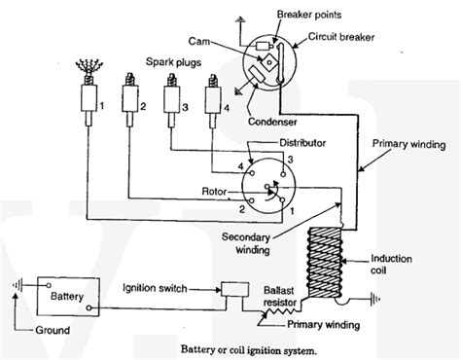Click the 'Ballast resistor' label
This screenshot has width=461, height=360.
284,296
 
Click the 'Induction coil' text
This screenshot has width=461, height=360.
396,265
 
